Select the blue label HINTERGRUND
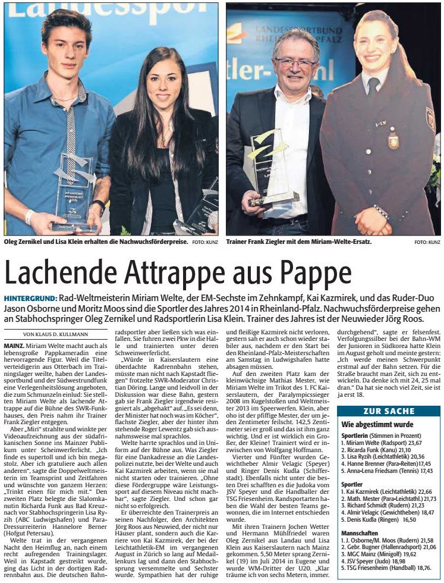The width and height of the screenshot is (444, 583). (x=30, y=297)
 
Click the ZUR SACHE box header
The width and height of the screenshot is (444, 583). (x=388, y=411)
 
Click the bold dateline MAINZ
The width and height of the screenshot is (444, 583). (x=14, y=344)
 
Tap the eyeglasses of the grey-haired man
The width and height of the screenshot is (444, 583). (x=296, y=61)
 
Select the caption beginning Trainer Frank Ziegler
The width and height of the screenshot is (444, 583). (x=299, y=242)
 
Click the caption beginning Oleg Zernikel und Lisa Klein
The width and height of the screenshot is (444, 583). (x=97, y=242)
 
